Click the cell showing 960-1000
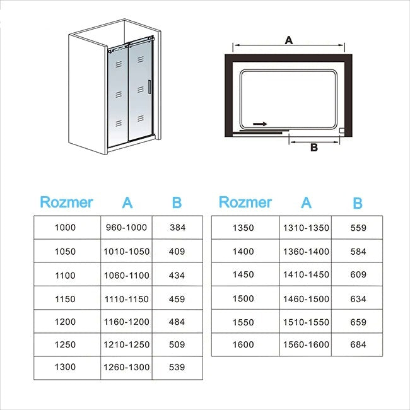[x=126, y=228]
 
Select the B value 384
[x=177, y=228]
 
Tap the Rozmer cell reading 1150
[x=65, y=298]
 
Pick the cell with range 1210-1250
[x=126, y=345]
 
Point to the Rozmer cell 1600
[x=243, y=344]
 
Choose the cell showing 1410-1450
[x=306, y=274]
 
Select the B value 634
[x=358, y=298]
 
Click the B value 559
[x=358, y=228]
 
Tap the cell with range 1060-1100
[x=126, y=275]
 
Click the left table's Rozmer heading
[x=66, y=202]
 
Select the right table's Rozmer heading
[x=245, y=202]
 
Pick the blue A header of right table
[x=307, y=202]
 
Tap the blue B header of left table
[x=177, y=202]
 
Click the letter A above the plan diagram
[x=288, y=40]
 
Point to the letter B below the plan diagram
[x=313, y=148]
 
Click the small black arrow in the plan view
[x=259, y=124]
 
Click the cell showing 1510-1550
[x=306, y=322]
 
